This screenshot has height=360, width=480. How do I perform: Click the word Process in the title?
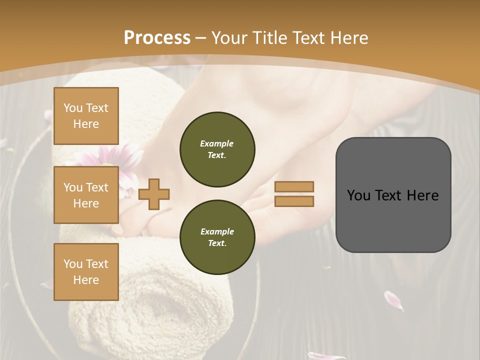pos(157,37)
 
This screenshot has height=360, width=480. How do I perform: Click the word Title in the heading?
pos(270,38)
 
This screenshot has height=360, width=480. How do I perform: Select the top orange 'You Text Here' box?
pos(86,116)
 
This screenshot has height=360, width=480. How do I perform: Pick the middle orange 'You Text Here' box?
pos(86,195)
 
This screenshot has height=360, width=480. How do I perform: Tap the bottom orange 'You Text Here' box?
pos(86,272)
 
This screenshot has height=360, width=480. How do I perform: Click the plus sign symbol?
pos(154,193)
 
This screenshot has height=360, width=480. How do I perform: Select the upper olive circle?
pos(217,149)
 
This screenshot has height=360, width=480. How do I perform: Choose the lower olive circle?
pos(217,237)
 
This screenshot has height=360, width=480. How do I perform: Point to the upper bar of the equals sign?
pos(294,186)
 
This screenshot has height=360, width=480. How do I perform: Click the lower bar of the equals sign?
pos(294,201)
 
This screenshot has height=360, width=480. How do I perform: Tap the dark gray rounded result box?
pos(393,220)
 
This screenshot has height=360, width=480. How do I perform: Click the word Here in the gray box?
pos(422,195)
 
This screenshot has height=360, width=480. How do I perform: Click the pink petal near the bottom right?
pos(393,299)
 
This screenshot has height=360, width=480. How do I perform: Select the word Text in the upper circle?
pos(217,155)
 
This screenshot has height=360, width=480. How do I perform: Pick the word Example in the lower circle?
pos(217,231)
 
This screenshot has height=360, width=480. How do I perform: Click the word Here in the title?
pos(349,38)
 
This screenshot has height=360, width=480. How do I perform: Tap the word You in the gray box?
pos(358,195)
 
